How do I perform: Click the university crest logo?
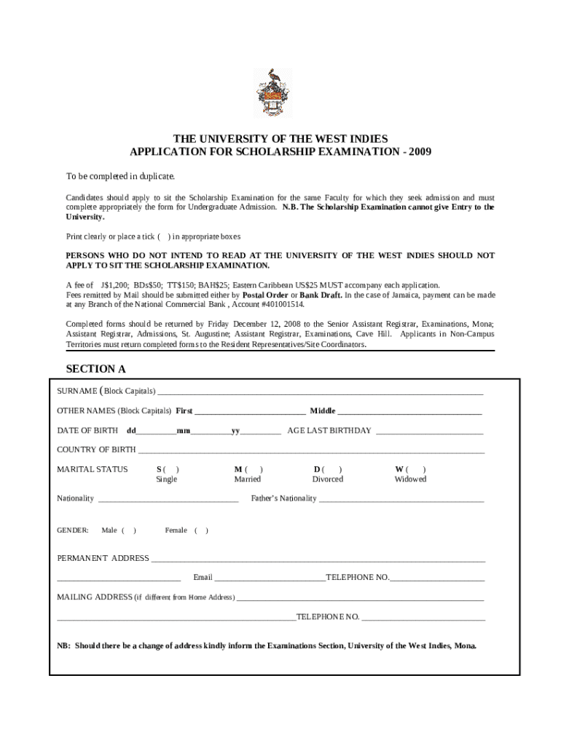point(272,92)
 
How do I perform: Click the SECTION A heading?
point(95,369)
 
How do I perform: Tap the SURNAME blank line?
point(321,393)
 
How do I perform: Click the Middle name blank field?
point(409,412)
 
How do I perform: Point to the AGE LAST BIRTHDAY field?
point(429,431)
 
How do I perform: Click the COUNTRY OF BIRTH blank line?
point(311,450)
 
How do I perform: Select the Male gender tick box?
point(128,530)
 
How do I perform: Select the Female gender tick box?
point(201,530)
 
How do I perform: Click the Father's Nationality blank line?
point(401,500)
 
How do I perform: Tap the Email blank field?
point(270,578)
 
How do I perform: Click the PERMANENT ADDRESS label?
point(103,558)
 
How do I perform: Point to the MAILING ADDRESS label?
point(95,597)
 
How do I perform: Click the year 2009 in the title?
point(420,152)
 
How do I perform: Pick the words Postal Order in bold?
point(264,295)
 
